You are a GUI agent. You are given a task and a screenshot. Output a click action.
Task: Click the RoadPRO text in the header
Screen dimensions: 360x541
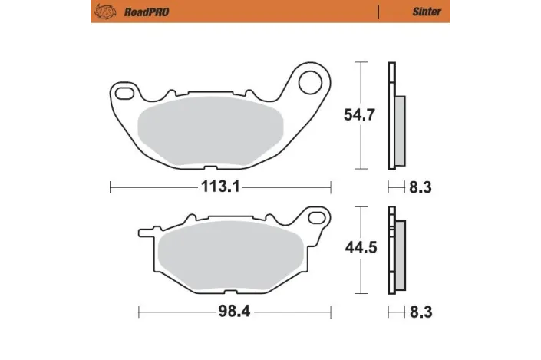pos(143,12)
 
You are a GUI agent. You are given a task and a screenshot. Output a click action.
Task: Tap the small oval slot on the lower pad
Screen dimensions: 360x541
pos(314,217)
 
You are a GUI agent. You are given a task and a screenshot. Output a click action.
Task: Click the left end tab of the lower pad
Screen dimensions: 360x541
pos(144,230)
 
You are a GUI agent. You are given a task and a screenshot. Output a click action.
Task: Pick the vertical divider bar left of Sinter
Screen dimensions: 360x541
pos(378,12)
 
